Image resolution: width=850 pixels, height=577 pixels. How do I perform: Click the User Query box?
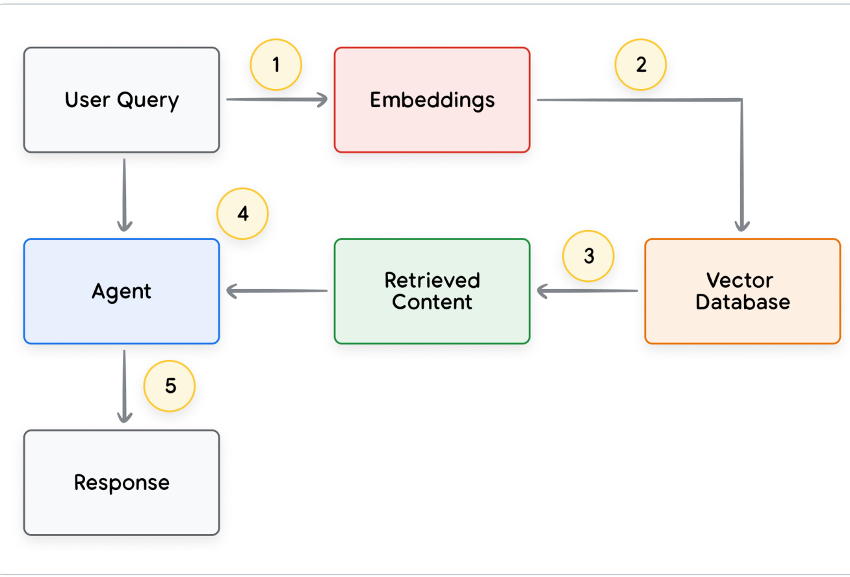tap(122, 100)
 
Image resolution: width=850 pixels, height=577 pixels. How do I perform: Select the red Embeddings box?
tap(432, 100)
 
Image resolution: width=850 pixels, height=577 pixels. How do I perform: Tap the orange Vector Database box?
tap(743, 291)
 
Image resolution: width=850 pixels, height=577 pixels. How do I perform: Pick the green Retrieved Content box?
tap(432, 291)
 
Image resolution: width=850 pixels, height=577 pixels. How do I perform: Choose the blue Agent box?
tap(122, 291)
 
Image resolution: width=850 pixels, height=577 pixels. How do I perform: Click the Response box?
tap(122, 483)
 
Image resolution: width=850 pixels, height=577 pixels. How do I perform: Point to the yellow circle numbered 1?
tap(276, 64)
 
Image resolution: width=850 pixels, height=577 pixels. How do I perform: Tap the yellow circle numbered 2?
tap(641, 64)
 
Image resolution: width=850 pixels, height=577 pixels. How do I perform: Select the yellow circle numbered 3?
tap(588, 256)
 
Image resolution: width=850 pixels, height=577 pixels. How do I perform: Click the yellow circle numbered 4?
tap(242, 214)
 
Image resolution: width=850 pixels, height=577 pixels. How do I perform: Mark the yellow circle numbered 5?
tap(169, 386)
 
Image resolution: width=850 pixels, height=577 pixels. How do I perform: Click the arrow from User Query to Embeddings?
tap(277, 100)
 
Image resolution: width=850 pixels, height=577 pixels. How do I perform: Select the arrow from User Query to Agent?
tap(125, 195)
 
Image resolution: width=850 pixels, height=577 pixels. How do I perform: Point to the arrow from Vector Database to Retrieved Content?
tap(587, 291)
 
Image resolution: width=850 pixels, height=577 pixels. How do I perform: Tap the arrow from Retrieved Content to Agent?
tap(277, 291)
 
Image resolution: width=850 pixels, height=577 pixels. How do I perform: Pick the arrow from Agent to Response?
tap(125, 386)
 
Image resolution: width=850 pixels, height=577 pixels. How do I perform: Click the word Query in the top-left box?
tap(148, 101)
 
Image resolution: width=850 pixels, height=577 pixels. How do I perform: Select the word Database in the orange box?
tap(743, 302)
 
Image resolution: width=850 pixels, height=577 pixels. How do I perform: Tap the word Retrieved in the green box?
tap(432, 281)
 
